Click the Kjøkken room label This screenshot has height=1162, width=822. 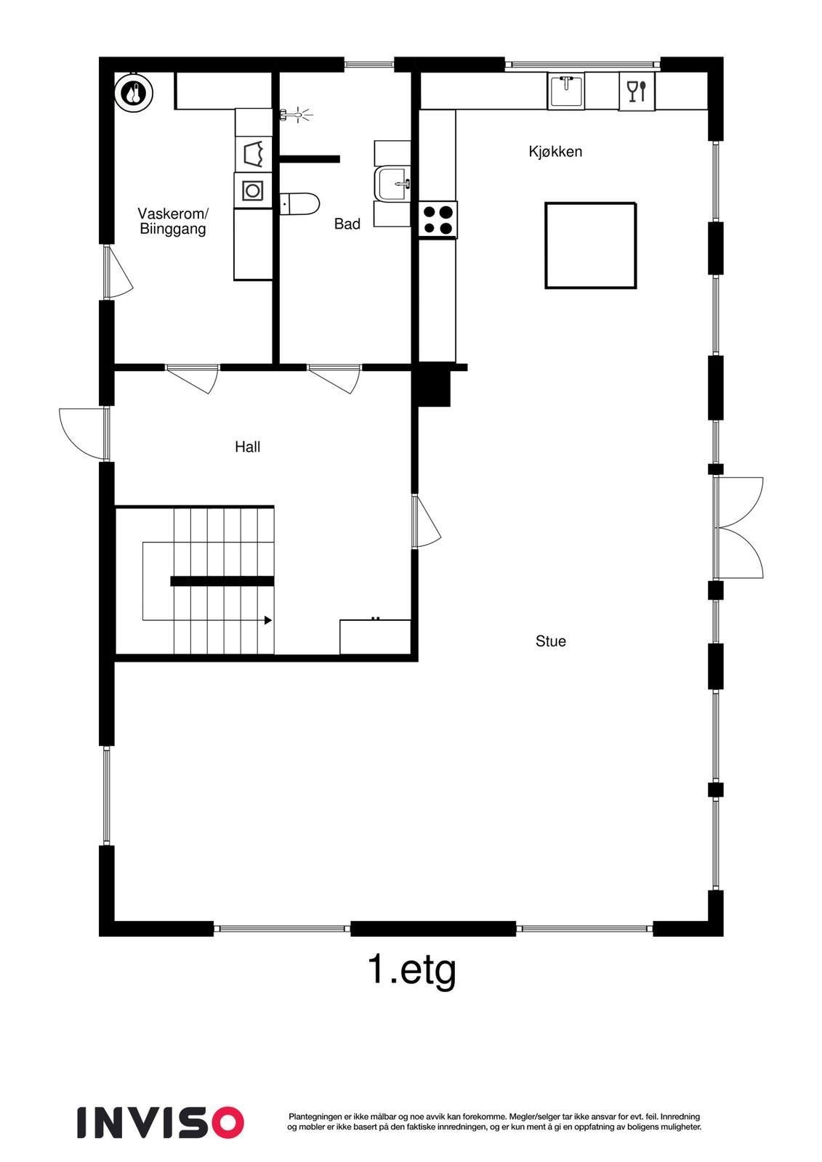(x=555, y=152)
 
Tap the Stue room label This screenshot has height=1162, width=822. (x=550, y=641)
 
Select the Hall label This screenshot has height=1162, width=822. (x=247, y=447)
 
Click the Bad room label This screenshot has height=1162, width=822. (x=347, y=224)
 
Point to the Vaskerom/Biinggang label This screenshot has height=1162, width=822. (x=173, y=222)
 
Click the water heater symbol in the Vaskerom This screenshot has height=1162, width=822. (x=134, y=93)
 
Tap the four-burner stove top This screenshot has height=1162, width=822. (x=438, y=219)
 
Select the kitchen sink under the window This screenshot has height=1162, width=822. (x=565, y=91)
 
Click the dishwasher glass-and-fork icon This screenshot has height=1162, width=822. (x=636, y=92)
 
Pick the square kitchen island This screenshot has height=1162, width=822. (x=590, y=245)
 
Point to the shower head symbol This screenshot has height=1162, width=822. (x=295, y=114)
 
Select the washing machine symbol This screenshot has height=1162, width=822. (x=252, y=191)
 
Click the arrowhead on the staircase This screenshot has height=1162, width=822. (x=268, y=620)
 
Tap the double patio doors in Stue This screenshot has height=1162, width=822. (x=738, y=528)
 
